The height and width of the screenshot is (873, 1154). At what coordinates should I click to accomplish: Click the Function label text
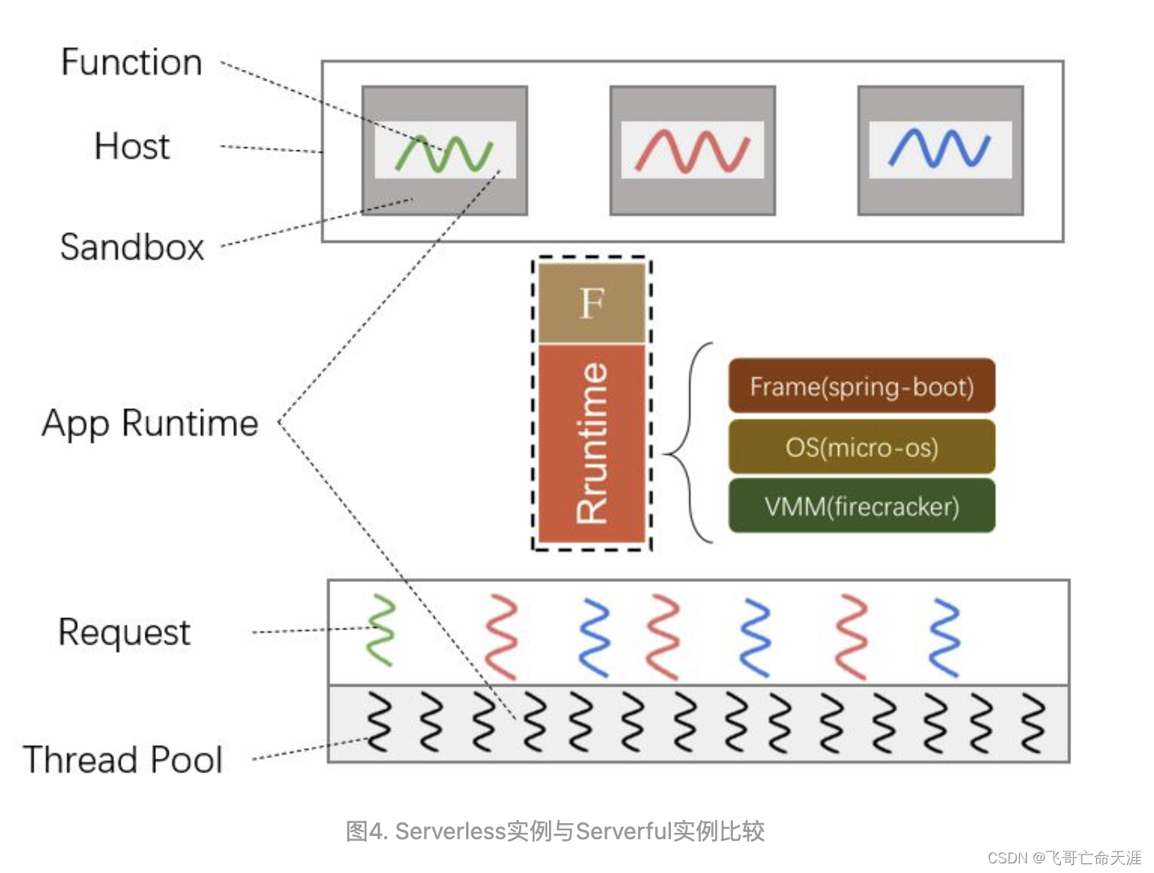pos(131,63)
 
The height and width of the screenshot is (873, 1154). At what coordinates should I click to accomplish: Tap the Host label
pos(132,146)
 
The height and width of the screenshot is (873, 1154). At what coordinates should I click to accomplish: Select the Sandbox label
pos(132,247)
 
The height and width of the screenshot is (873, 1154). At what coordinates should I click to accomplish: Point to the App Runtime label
pos(149,423)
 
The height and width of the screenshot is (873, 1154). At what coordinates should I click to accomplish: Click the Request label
pos(124,633)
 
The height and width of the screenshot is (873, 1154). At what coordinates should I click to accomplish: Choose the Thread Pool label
pos(122,760)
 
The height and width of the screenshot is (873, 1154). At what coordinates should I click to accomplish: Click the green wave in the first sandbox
pos(444,153)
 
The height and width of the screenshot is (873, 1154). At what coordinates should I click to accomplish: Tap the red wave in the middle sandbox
pos(692,151)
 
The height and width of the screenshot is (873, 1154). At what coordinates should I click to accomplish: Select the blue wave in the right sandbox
pos(939,149)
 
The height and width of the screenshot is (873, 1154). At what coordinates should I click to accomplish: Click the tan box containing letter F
pos(591,303)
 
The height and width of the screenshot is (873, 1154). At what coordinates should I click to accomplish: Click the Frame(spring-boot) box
pos(861,387)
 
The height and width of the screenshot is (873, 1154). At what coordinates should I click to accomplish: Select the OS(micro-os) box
pos(861,447)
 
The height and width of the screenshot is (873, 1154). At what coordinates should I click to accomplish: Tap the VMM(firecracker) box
pos(861,506)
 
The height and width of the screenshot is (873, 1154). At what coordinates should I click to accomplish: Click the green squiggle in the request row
pos(381,630)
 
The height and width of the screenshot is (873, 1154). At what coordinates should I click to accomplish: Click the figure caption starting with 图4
pos(554,830)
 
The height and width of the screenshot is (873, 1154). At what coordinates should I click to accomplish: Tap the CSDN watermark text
pos(1064,858)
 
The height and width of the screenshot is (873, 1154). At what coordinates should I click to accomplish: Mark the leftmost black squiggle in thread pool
pos(379,721)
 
